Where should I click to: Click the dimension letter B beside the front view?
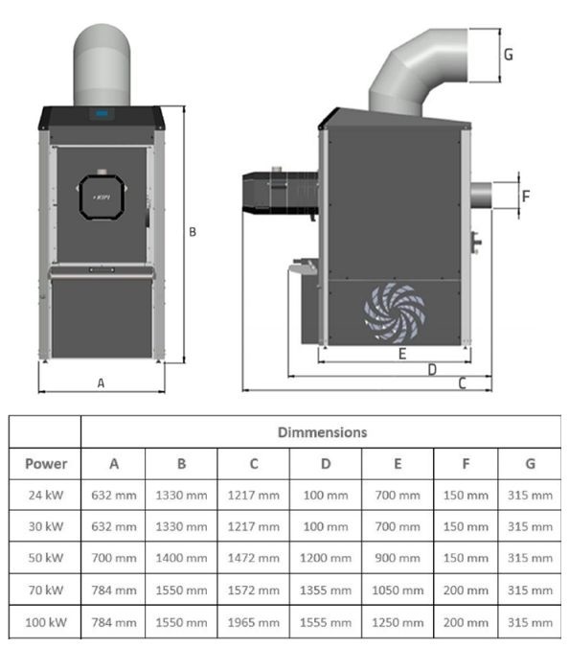point(193,232)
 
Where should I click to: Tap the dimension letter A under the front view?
point(101,382)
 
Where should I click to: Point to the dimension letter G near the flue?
point(508,55)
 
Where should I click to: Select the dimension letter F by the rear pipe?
point(525,197)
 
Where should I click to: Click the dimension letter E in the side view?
point(402,354)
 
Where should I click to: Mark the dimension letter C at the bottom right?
point(462,383)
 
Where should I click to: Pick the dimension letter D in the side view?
point(432,369)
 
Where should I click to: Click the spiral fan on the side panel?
point(392,311)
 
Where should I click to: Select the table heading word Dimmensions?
point(322,432)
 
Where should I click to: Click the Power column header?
point(46,464)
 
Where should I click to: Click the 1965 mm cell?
point(254,623)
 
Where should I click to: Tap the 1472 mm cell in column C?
point(254,558)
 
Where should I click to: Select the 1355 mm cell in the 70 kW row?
point(326,590)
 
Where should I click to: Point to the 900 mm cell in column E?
point(398,558)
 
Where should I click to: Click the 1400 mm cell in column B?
point(181,558)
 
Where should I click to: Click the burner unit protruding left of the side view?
point(278,192)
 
